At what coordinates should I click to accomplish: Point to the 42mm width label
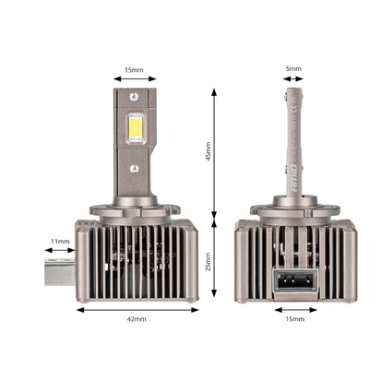point(137,319)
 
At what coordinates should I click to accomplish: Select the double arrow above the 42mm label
point(137,308)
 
